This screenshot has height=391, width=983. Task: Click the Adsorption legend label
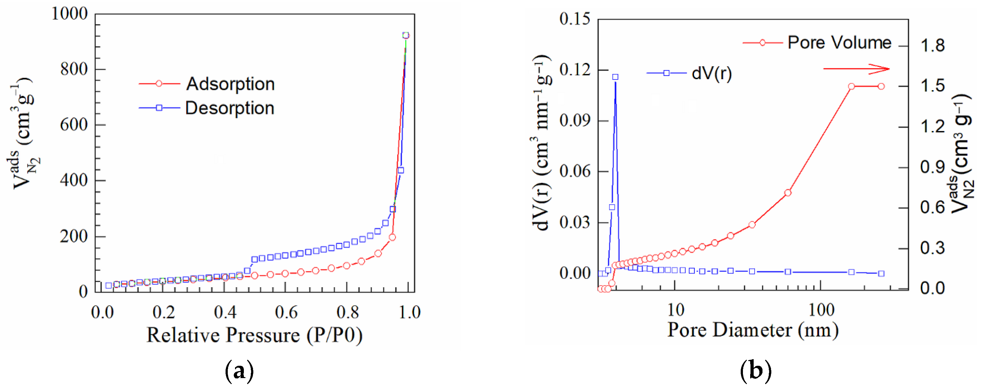230,84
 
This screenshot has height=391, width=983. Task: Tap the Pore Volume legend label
839,42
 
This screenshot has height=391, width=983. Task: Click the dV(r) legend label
712,73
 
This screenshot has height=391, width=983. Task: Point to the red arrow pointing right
856,69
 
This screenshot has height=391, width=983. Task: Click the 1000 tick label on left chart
69,14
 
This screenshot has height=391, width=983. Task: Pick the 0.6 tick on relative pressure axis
286,312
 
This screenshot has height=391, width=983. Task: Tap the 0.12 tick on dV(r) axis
574,70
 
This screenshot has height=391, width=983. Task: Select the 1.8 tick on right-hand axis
933,46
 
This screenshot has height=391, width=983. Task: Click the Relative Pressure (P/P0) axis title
255,335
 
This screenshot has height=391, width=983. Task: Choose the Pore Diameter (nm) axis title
752,330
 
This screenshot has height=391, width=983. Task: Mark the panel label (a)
239,371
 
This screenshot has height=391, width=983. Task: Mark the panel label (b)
756,371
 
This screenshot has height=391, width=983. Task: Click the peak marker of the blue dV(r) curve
615,77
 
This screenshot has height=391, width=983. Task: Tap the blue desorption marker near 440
401,171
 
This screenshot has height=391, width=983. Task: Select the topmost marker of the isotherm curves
406,36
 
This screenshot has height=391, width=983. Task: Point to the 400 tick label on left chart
74,180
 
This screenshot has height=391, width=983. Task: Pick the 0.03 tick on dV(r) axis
574,222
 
